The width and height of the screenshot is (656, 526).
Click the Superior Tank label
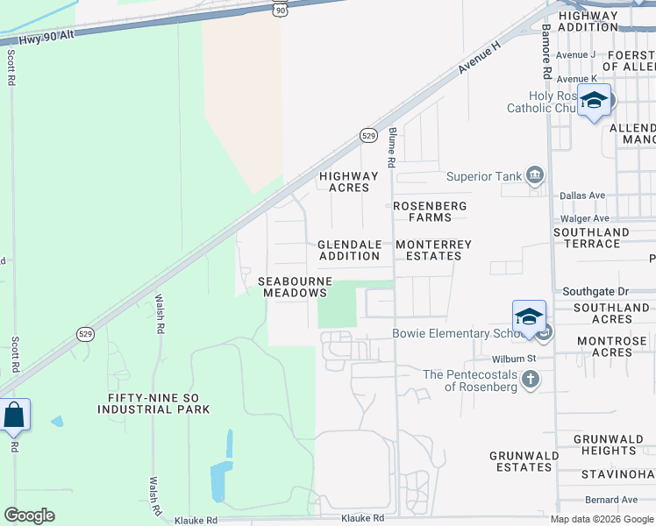(484, 176)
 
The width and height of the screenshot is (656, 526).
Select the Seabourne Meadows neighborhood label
(295, 287)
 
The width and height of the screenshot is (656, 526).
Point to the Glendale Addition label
(349, 250)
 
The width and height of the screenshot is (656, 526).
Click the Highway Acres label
(348, 181)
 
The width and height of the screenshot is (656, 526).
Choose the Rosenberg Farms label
(430, 211)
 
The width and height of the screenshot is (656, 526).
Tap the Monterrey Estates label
(433, 250)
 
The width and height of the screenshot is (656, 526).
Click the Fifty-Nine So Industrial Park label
(159, 403)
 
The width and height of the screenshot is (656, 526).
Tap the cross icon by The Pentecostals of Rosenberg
(530, 380)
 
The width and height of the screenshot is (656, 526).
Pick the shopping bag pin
(14, 414)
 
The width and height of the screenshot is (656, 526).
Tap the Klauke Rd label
(196, 519)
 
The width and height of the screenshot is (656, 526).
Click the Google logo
(29, 515)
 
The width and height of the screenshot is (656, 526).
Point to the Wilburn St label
(513, 359)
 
